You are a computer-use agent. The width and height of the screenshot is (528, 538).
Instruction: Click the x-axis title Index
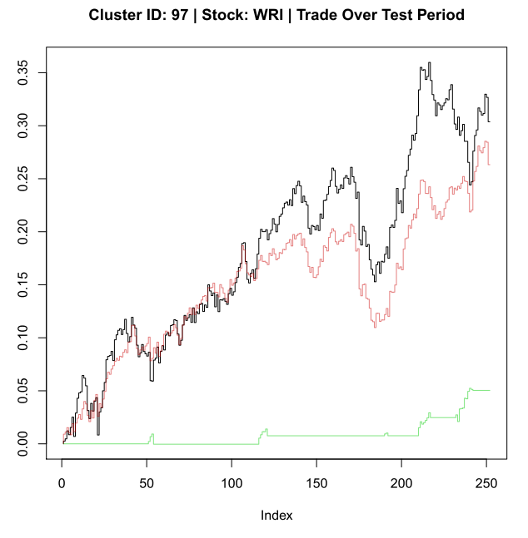(276, 516)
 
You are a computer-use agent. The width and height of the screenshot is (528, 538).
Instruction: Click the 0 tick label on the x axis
(62, 483)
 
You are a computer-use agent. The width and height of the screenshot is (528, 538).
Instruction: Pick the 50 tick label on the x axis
(147, 483)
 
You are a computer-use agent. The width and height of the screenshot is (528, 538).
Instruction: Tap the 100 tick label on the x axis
(232, 483)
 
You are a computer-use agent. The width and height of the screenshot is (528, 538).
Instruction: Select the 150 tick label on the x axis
(316, 483)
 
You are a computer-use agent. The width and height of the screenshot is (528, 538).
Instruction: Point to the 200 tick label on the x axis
(401, 483)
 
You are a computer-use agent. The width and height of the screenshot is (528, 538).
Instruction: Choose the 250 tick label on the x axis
(486, 483)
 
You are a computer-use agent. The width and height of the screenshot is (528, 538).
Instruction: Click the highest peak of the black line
(429, 63)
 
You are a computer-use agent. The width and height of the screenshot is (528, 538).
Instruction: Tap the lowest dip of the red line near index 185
(375, 326)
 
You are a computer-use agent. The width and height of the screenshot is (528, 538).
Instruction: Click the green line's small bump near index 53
(152, 435)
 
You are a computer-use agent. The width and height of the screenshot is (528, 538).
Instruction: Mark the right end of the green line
(490, 390)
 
